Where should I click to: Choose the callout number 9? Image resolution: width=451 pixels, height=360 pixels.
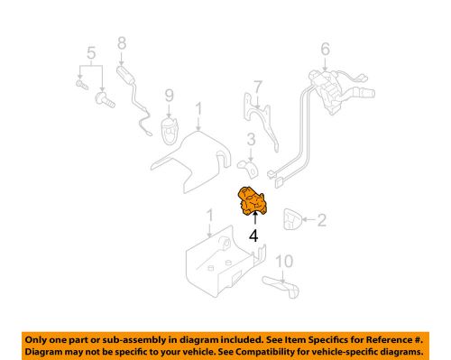pos(168,94)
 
